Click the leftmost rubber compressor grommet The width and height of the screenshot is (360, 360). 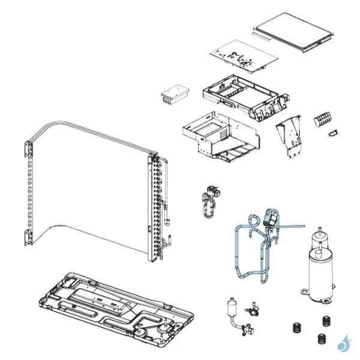pos(295,328)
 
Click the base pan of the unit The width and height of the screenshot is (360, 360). pos(114,306)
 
